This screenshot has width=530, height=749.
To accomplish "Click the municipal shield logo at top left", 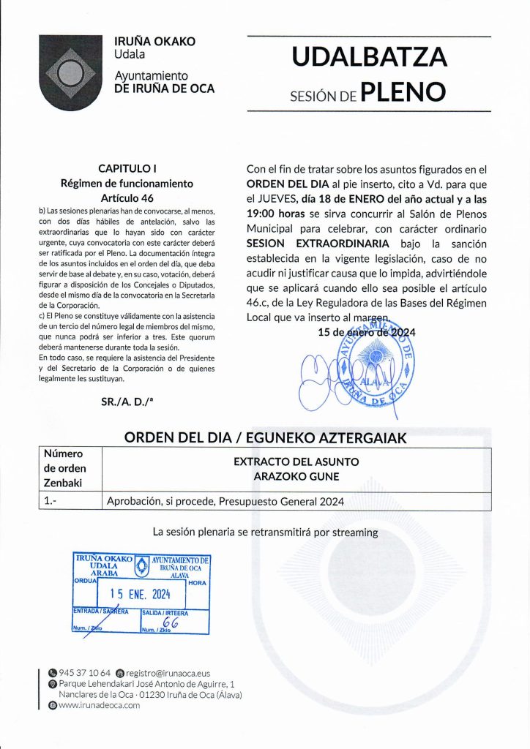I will pos(70,72).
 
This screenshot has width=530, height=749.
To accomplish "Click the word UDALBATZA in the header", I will pos(369,56).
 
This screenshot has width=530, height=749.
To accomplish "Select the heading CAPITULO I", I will pos(127,168).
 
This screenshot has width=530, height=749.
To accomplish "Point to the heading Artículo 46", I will pos(127,197).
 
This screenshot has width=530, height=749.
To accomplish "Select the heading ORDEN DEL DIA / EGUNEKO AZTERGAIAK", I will pos(265,437).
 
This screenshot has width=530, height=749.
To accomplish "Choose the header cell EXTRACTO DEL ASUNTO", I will pos(296,462).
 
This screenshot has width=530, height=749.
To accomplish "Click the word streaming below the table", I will pos(355,532).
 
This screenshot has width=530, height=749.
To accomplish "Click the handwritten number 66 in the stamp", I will pos(171,622).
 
